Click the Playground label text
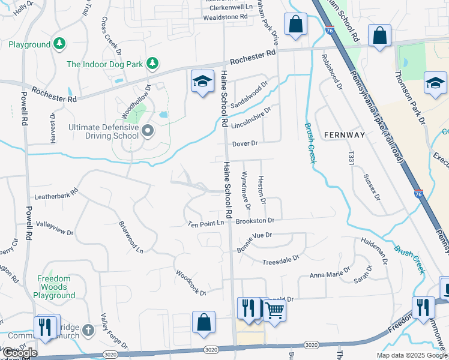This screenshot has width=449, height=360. coord(29,45)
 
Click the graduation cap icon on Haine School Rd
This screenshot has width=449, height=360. coord(203,82)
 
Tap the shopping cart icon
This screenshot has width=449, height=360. coord(274,310)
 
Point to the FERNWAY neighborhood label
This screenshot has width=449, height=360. coord(344,135)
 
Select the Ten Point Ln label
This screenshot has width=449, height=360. coord(206,223)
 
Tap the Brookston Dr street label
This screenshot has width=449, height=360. coord(255,221)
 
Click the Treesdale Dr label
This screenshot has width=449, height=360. coord(281,260)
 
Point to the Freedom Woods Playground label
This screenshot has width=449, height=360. coord(62,287)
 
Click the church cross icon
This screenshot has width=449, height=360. coord(88,329)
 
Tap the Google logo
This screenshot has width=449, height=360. coord(20,353)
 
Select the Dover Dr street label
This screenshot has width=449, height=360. coord(245,144)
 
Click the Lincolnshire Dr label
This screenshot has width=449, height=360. coord(252,113)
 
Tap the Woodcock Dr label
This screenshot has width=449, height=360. coord(191,283)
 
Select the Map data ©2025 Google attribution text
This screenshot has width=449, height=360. coord(412,355)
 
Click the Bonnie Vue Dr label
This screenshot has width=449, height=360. coord(255,235)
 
